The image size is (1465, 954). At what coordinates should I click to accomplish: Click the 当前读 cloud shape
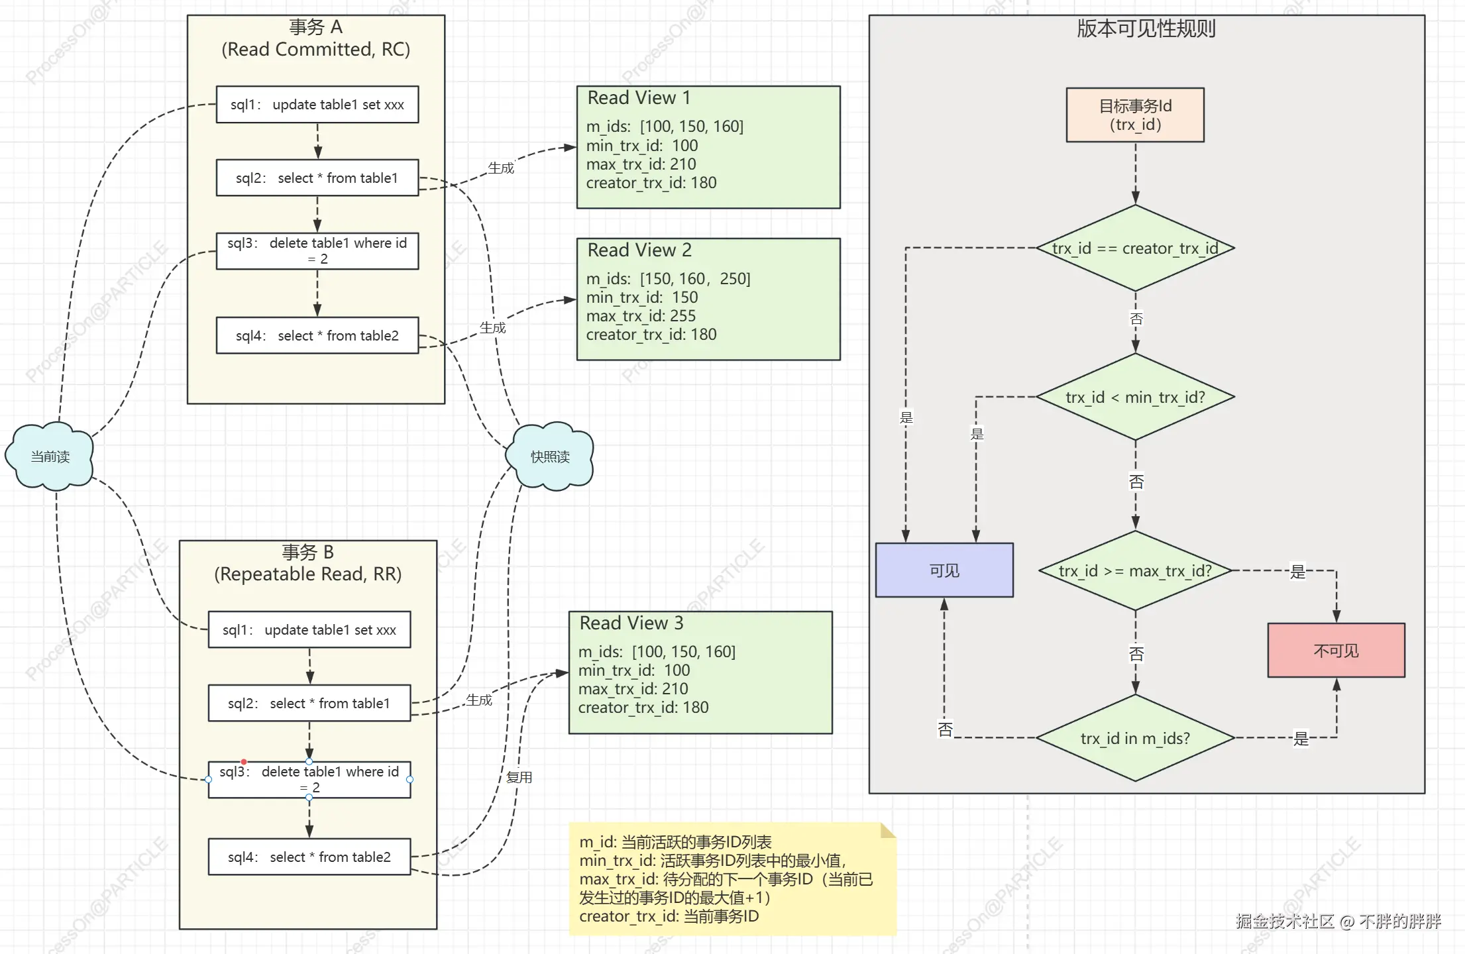pos(50,456)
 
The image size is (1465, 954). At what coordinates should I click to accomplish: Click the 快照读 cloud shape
pos(550,456)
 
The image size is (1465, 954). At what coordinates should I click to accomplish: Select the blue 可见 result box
pos(944,570)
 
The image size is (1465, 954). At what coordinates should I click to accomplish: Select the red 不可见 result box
pos(1336,651)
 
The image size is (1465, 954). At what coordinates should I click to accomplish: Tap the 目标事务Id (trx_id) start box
pos(1135,115)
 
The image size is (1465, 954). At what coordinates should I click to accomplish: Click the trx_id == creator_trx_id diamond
pos(1135,248)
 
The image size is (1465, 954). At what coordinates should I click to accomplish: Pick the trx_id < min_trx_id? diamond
pos(1135,397)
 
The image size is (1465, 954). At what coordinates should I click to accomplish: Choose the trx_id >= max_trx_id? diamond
pos(1135,571)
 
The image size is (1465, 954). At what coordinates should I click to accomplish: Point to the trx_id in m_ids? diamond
pos(1135,738)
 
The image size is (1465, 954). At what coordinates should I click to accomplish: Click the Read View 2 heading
pos(639,250)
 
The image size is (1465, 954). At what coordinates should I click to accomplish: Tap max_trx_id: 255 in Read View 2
pos(641,316)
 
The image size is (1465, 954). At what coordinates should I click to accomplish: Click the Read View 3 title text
pos(631,623)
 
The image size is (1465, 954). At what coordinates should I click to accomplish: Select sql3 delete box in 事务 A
pos(317,251)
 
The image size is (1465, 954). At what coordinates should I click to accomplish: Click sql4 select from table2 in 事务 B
pos(309,857)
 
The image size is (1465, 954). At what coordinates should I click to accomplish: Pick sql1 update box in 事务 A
pos(317,105)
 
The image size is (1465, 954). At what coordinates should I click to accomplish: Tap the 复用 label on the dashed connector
pos(519,777)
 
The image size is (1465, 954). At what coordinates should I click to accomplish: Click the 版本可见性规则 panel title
pos(1146,29)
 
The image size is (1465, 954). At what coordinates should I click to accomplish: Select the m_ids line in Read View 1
pos(665,127)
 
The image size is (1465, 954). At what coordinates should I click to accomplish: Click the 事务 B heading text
pos(308,553)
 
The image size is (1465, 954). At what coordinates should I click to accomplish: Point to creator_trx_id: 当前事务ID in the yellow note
pos(669,916)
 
